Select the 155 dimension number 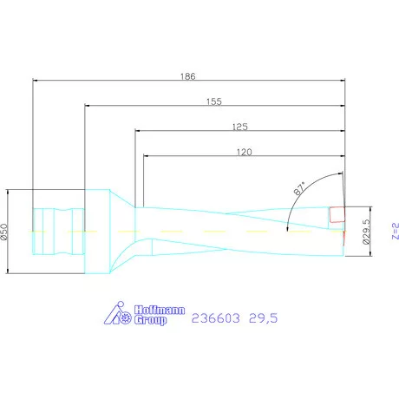tap(214, 101)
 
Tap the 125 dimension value tap(240, 127)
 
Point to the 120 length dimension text tap(244, 152)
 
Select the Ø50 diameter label tap(4, 232)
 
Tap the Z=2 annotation tap(392, 232)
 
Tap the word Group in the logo tap(149, 320)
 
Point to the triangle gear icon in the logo tap(117, 316)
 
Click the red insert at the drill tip tap(337, 213)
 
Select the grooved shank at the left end tap(58, 232)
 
